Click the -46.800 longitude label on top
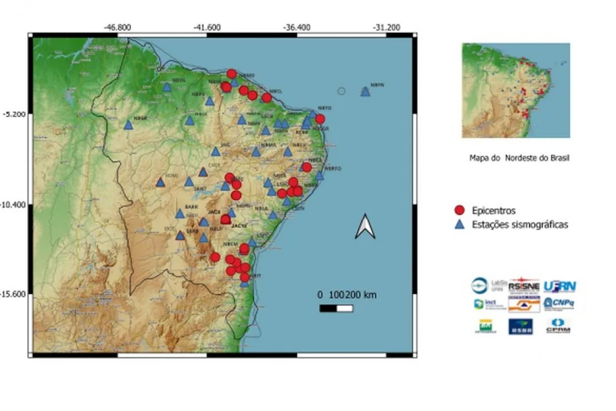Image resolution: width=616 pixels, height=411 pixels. pyautogui.click(x=118, y=27)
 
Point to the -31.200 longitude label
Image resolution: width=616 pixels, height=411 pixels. pyautogui.click(x=387, y=27)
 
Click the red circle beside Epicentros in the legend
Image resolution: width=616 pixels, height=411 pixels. pyautogui.click(x=460, y=210)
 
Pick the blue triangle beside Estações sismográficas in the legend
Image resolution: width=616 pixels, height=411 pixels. pyautogui.click(x=460, y=224)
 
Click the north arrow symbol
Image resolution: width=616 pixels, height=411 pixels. pyautogui.click(x=365, y=227)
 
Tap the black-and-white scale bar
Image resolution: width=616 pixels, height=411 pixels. pyautogui.click(x=336, y=308)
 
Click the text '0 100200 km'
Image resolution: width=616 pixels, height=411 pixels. pyautogui.click(x=347, y=295)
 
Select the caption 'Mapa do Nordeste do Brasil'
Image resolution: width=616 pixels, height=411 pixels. pyautogui.click(x=519, y=158)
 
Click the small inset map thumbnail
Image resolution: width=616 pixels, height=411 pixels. pyautogui.click(x=516, y=90)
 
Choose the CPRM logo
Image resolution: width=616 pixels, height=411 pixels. pyautogui.click(x=559, y=325)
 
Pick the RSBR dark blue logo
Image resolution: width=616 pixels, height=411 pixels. pyautogui.click(x=521, y=326)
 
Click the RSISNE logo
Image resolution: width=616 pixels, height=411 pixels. pyautogui.click(x=523, y=286)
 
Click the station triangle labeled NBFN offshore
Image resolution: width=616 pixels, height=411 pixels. pyautogui.click(x=365, y=91)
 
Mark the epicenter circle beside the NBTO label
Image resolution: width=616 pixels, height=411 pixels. pyautogui.click(x=320, y=119)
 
